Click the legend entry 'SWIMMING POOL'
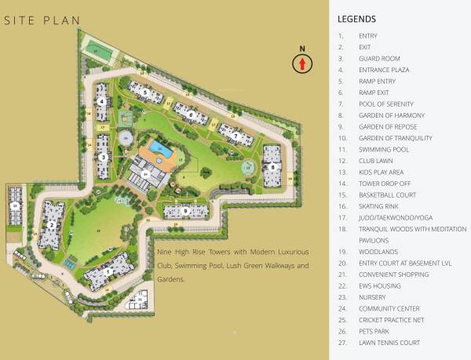point(384,149)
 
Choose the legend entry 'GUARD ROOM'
point(379,58)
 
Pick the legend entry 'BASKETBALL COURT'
point(387,195)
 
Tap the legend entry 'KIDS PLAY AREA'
point(382,172)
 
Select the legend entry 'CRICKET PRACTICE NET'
point(393,319)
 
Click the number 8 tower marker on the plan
point(272,166)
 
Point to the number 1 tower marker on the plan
point(108,271)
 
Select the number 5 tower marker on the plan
point(145,92)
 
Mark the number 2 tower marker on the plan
point(52,225)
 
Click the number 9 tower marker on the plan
point(185,210)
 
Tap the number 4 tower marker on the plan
point(102,102)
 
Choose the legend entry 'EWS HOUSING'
point(380,285)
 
